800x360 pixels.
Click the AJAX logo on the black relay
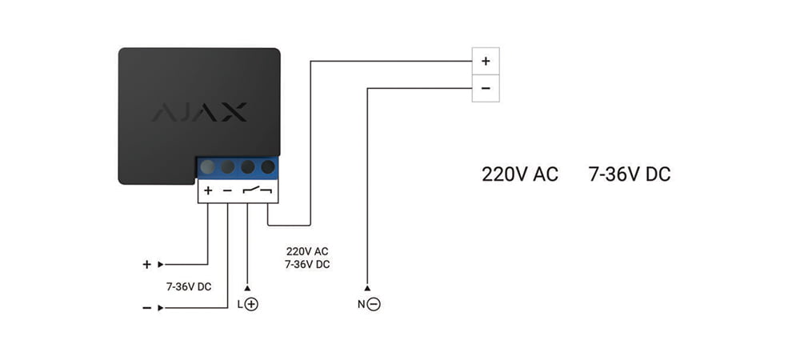pyautogui.click(x=199, y=112)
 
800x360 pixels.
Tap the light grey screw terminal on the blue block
pyautogui.click(x=208, y=166)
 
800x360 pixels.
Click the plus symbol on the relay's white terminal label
pyautogui.click(x=208, y=190)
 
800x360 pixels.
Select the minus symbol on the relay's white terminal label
pyautogui.click(x=227, y=191)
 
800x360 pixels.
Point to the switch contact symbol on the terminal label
pyautogui.click(x=258, y=190)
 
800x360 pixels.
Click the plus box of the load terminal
pyautogui.click(x=486, y=61)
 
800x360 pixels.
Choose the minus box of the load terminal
pyautogui.click(x=486, y=88)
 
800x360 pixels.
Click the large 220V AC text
pyautogui.click(x=520, y=174)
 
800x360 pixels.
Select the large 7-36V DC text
pyautogui.click(x=630, y=174)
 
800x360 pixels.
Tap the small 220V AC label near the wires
pyautogui.click(x=307, y=251)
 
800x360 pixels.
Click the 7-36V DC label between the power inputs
pyautogui.click(x=189, y=287)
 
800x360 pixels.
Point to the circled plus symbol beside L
pyautogui.click(x=251, y=305)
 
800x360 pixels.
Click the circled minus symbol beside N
pyautogui.click(x=374, y=305)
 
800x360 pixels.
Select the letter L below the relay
pyautogui.click(x=240, y=305)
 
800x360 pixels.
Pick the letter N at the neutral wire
pyautogui.click(x=362, y=305)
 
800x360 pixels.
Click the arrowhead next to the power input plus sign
pyautogui.click(x=161, y=265)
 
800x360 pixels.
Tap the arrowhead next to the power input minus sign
pyautogui.click(x=161, y=308)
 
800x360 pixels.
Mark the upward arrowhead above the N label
pyautogui.click(x=367, y=288)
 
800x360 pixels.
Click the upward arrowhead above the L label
pyautogui.click(x=247, y=288)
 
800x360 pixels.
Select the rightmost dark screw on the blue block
pyautogui.click(x=268, y=166)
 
